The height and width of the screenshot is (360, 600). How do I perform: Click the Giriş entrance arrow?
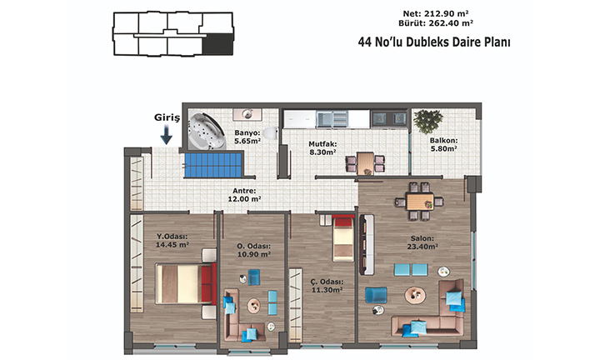click(166, 136)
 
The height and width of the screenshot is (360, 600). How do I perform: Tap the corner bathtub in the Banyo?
click(206, 131)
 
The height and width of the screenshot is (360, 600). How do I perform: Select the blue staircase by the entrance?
click(213, 165)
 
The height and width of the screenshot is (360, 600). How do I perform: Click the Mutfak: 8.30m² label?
click(322, 148)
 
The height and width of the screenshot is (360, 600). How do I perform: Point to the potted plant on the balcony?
click(428, 122)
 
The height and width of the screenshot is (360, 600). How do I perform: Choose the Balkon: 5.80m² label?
click(444, 145)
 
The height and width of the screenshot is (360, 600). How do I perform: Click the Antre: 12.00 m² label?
click(244, 195)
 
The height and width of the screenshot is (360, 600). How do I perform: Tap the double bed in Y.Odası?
click(186, 283)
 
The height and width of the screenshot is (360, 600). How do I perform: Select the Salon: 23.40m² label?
click(422, 242)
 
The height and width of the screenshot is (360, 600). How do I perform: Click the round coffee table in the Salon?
click(415, 295)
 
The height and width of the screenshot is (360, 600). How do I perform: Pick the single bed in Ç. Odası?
click(343, 238)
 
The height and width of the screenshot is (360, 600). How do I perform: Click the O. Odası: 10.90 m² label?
click(253, 250)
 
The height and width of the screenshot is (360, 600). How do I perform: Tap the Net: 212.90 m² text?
click(436, 14)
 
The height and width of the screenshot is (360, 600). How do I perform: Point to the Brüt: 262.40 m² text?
click(436, 23)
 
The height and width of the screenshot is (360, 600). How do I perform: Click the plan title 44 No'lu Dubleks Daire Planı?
click(434, 42)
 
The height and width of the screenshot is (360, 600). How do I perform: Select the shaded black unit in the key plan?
click(217, 44)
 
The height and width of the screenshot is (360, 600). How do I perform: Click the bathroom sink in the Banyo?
click(247, 114)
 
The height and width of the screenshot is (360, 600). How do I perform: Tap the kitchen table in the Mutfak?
click(366, 163)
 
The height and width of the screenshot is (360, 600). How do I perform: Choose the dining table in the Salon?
click(420, 202)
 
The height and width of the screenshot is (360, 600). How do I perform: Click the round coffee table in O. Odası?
click(253, 305)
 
